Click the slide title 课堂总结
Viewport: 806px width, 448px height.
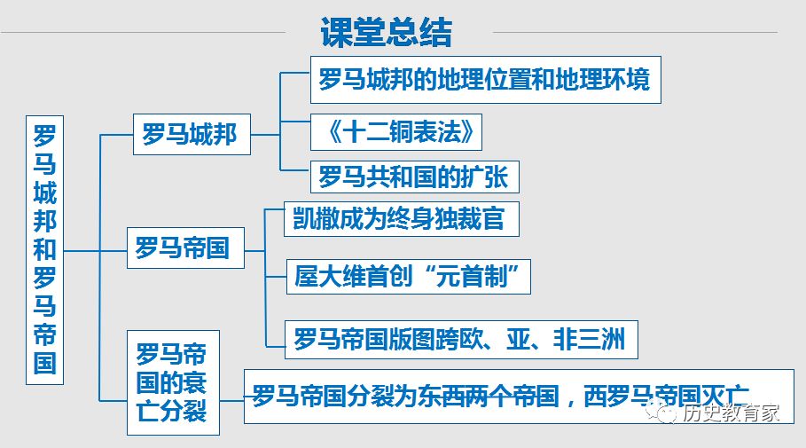(x=386, y=33)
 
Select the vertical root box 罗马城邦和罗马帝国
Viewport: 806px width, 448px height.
(x=44, y=250)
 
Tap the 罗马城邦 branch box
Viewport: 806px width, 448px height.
(x=192, y=134)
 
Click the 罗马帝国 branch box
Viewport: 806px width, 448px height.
(x=185, y=248)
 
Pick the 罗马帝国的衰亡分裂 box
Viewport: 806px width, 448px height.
(x=173, y=382)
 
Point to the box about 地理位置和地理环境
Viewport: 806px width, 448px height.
(x=486, y=80)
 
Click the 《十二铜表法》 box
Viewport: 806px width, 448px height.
(x=396, y=132)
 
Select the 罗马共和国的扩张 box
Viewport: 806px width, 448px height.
(x=415, y=177)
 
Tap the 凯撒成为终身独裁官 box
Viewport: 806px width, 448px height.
(x=402, y=219)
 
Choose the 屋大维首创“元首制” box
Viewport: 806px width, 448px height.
(x=409, y=277)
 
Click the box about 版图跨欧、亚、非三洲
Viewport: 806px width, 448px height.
(x=461, y=340)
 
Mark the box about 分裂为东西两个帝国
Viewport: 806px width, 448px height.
(x=519, y=397)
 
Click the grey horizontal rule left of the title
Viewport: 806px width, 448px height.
(x=144, y=33)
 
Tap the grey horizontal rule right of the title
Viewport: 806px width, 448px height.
(x=636, y=33)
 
